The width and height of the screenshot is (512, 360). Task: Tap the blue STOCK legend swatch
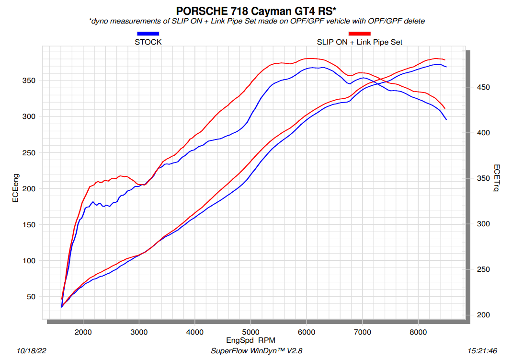[x=148, y=34]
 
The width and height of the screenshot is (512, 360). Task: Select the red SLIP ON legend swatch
[x=360, y=34]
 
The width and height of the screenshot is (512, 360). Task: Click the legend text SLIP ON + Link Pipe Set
[x=359, y=42]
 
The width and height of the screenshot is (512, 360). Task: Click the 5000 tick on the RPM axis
[x=250, y=332]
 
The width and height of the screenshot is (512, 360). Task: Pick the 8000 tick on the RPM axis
[x=418, y=332]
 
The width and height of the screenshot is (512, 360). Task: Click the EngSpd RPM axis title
[x=250, y=340]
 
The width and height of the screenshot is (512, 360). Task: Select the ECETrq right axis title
[x=497, y=178]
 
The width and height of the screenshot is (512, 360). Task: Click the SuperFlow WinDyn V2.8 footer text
[x=256, y=351]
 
